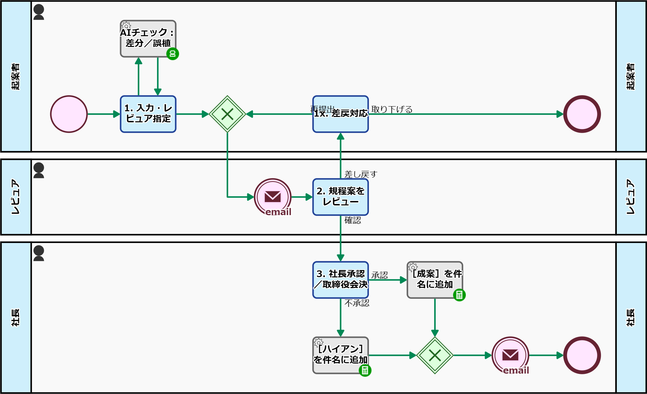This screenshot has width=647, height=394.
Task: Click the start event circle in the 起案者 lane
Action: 69,114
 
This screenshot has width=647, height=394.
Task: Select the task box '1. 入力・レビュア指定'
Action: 148,114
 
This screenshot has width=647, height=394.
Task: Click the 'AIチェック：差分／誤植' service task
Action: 148,39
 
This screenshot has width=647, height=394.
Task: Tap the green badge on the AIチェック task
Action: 173,54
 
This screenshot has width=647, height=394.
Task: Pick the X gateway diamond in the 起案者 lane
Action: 227,114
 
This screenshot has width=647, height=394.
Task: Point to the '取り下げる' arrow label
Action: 392,109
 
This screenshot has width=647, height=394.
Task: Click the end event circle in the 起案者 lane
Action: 582,114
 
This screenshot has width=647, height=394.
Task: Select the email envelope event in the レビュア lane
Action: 273,197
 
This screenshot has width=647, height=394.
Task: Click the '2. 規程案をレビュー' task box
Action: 340,197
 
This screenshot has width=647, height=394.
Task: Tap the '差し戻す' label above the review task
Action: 361,174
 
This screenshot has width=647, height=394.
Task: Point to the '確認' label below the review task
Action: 353,220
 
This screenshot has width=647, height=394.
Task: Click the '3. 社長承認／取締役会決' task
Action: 340,280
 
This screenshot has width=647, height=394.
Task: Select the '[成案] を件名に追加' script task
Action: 435,280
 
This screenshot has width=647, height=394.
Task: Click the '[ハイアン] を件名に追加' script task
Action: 340,355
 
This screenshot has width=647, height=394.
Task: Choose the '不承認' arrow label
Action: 357,303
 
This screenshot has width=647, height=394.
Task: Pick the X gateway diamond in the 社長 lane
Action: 435,355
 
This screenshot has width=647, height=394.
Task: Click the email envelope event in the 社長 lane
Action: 510,355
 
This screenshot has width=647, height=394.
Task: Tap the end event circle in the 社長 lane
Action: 582,355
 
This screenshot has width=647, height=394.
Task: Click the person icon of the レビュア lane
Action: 39,170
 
